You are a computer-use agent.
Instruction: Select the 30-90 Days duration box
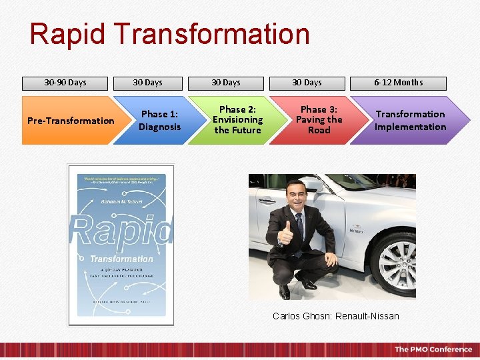click(65, 83)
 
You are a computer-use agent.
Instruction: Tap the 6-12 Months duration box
click(398, 83)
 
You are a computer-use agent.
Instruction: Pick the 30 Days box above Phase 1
click(147, 83)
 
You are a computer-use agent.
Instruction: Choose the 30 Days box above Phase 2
click(226, 83)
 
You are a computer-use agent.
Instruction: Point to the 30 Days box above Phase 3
click(307, 83)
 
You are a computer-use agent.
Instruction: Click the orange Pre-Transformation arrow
click(70, 121)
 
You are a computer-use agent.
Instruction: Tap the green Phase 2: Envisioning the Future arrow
click(237, 120)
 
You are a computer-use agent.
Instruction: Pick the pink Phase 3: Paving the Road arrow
click(318, 120)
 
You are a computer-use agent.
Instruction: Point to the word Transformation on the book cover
click(121, 259)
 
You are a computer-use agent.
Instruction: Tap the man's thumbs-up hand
click(286, 233)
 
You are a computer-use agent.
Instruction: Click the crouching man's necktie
click(299, 227)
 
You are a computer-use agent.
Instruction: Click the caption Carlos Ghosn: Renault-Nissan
click(335, 316)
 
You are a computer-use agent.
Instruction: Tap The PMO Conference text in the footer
click(433, 349)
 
